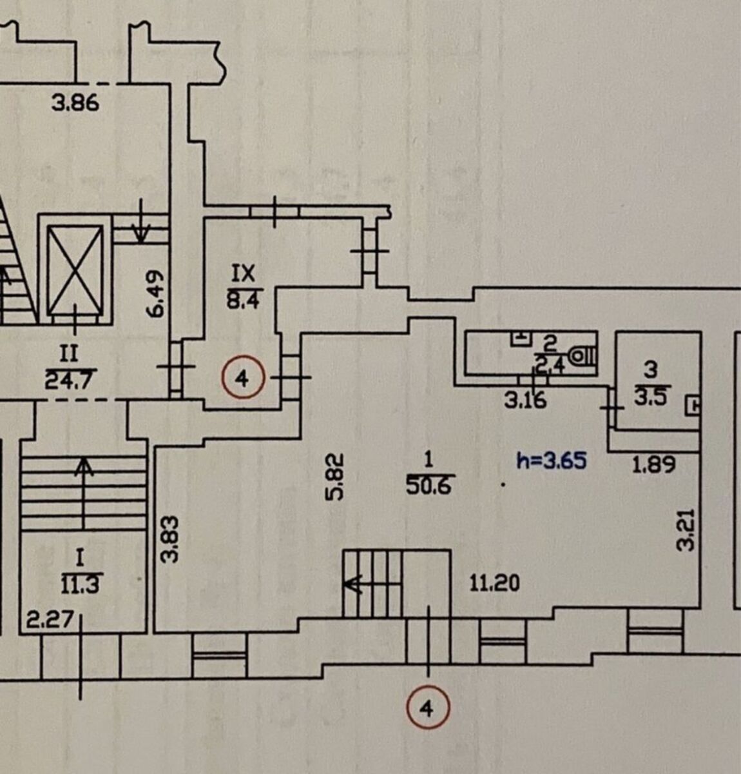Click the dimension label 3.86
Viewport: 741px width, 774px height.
pyautogui.click(x=76, y=103)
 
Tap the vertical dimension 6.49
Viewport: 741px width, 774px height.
pyautogui.click(x=158, y=292)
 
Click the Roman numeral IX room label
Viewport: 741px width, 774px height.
pyautogui.click(x=243, y=274)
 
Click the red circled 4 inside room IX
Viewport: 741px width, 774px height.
pyautogui.click(x=242, y=379)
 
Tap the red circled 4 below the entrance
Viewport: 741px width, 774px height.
pyautogui.click(x=427, y=709)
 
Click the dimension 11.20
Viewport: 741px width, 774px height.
pyautogui.click(x=495, y=584)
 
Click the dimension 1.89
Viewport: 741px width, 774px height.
pyautogui.click(x=653, y=464)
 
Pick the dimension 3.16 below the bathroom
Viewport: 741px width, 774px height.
pyautogui.click(x=525, y=401)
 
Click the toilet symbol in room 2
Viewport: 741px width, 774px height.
pyautogui.click(x=583, y=355)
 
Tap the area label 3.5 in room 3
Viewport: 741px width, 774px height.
pyautogui.click(x=651, y=395)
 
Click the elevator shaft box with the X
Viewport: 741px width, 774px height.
pyautogui.click(x=76, y=270)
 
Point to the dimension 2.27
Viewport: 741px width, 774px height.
pyautogui.click(x=46, y=622)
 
